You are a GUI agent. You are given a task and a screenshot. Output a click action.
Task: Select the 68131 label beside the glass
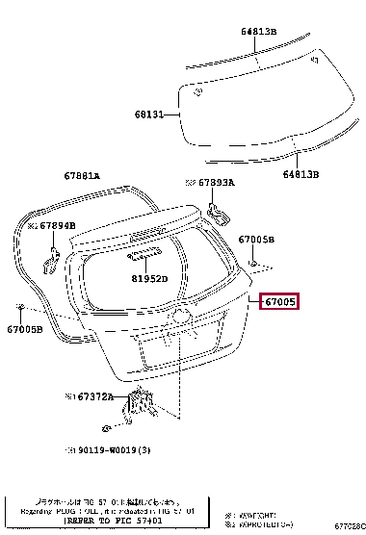149,115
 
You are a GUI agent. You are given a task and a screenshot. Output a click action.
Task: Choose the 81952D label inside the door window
149,279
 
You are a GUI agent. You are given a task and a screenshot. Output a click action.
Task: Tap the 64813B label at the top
259,32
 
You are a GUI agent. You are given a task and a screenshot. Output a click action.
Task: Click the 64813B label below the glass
302,174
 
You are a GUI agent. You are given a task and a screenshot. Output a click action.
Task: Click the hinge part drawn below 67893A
218,211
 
